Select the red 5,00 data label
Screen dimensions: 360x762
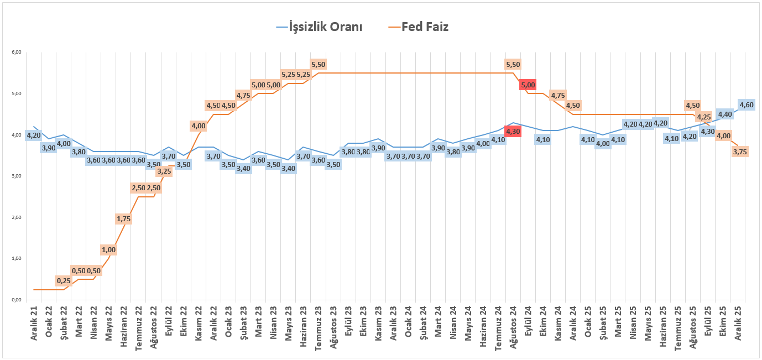(x=528, y=85)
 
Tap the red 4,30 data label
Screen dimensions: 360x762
(x=513, y=132)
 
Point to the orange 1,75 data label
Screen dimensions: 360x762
(x=124, y=219)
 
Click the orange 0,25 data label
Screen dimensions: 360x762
(x=64, y=281)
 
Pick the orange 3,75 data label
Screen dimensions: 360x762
(x=740, y=152)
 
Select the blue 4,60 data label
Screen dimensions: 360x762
(x=747, y=105)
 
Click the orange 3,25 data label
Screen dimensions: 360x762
(x=164, y=171)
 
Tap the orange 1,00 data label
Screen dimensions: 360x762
(x=109, y=250)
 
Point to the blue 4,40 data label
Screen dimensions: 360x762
(x=725, y=114)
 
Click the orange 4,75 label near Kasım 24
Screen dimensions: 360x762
(x=558, y=95)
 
